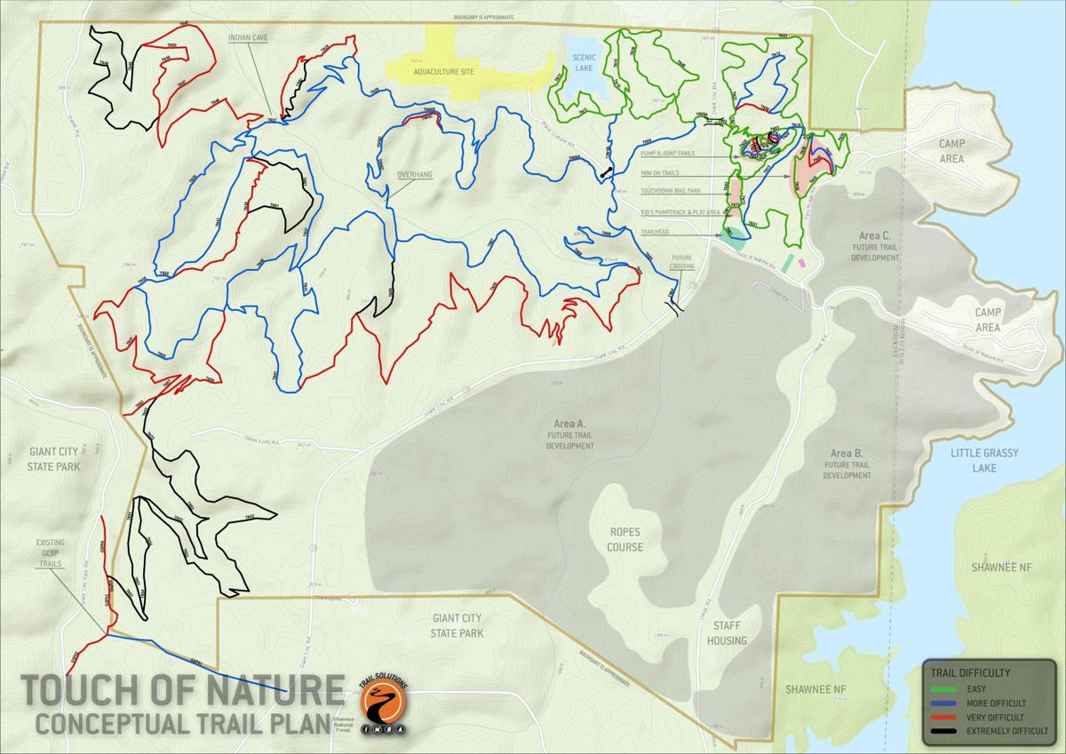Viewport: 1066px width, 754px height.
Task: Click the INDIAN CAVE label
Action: point(248,38)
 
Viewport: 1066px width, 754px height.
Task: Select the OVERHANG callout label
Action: point(414,175)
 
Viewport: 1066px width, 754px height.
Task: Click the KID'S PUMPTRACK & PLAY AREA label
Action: point(680,213)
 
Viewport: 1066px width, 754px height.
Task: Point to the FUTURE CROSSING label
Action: point(682,261)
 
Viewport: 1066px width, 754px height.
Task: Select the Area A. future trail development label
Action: point(569,435)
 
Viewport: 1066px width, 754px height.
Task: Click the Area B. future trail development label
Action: point(847,464)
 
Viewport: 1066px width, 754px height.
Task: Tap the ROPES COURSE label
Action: point(624,540)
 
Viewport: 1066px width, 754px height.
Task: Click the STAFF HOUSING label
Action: point(727,633)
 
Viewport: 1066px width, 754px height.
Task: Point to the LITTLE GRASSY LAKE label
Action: point(982,460)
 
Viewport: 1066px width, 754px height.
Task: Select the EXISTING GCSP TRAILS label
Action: point(51,554)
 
